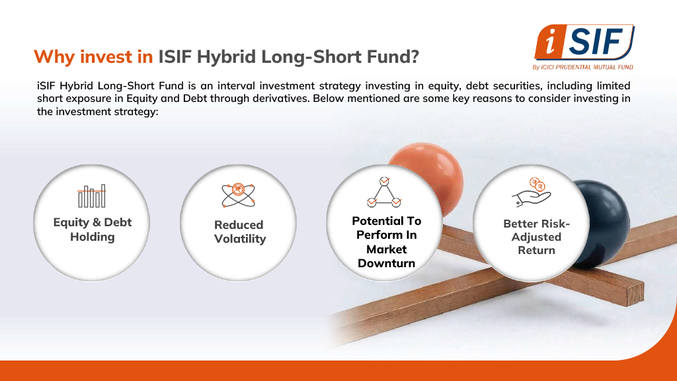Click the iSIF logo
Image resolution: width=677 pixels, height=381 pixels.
click(x=584, y=42)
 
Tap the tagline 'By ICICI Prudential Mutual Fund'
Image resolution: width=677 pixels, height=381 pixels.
click(x=582, y=67)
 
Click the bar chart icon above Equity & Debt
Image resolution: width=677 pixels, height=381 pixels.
click(x=91, y=196)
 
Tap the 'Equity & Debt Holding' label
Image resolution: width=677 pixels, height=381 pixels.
click(x=93, y=230)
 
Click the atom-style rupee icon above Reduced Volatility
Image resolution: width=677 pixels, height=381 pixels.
click(x=238, y=195)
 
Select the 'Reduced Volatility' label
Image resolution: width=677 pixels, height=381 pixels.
click(x=239, y=232)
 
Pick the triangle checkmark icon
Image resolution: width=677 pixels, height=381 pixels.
click(x=384, y=192)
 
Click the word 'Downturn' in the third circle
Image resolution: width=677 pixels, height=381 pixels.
click(x=386, y=263)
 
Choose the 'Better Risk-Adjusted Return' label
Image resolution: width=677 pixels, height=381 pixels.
click(x=536, y=237)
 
